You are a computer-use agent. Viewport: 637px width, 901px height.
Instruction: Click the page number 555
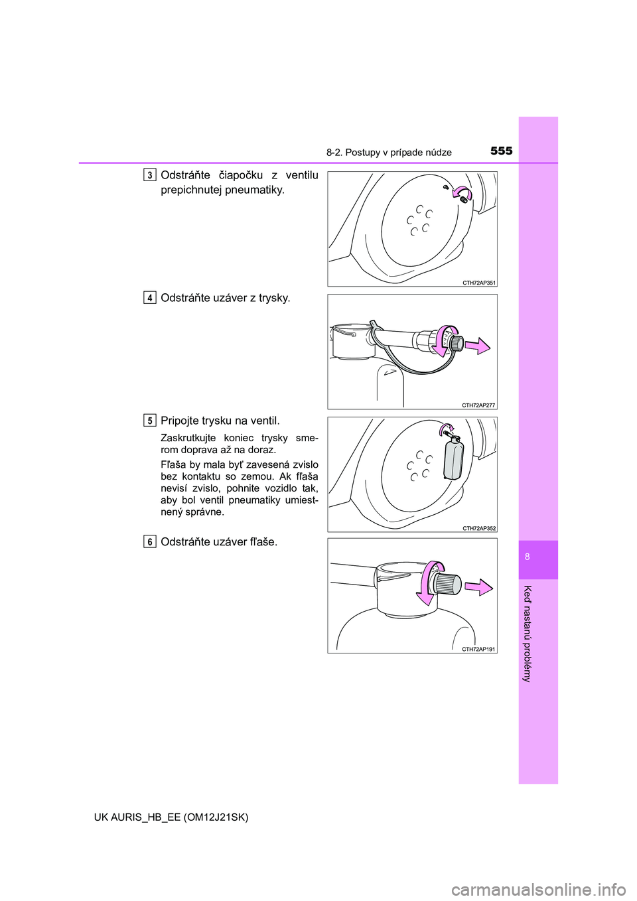tap(501, 151)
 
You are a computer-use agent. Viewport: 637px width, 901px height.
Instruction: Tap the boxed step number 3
tap(150, 175)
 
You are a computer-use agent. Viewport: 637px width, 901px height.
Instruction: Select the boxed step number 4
tap(150, 298)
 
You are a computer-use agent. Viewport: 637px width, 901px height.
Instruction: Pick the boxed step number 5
tap(150, 421)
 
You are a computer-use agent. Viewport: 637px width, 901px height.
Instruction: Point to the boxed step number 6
tap(150, 542)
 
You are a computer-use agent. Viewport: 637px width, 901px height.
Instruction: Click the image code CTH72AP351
tap(478, 283)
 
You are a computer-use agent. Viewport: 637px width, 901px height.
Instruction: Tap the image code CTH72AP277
tap(478, 405)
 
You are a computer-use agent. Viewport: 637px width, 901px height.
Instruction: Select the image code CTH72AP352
tap(478, 528)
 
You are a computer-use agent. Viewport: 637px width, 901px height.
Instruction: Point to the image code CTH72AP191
tap(478, 650)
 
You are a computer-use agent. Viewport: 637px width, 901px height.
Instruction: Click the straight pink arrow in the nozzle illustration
tap(478, 346)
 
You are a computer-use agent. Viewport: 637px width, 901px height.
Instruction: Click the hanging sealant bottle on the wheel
tap(453, 460)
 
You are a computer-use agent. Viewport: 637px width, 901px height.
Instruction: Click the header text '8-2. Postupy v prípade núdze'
tap(389, 153)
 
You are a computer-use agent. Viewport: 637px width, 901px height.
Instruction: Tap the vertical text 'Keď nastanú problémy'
tap(528, 634)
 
